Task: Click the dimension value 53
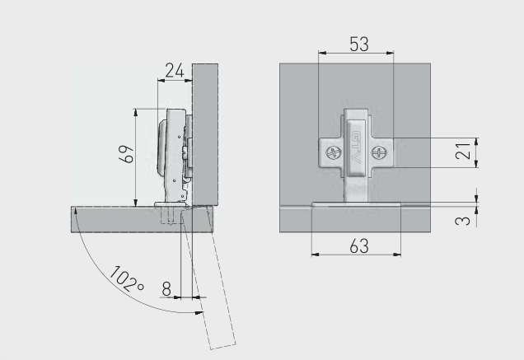[x=359, y=44]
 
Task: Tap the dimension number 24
[x=175, y=71]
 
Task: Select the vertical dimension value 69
[x=127, y=154]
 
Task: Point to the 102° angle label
[x=127, y=278]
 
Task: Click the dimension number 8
[x=166, y=289]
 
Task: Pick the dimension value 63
[x=359, y=246]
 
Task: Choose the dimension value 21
[x=463, y=151]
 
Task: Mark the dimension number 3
[x=463, y=221]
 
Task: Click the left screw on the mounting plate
[x=334, y=154]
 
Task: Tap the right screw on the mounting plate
[x=378, y=153]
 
